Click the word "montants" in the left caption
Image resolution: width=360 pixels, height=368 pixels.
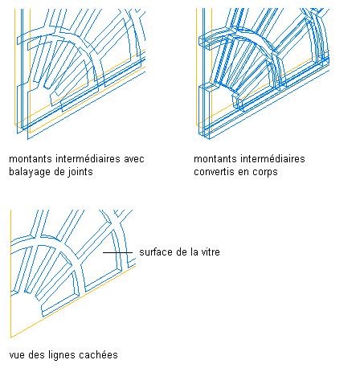[x=31, y=159]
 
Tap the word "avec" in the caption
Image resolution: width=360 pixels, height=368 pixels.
[x=134, y=159]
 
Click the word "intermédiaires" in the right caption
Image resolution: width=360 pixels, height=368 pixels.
[x=272, y=159]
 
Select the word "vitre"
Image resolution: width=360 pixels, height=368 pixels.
[x=210, y=252]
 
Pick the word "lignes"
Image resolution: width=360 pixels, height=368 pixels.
[x=63, y=356]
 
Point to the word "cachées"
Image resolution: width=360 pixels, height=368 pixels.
[x=99, y=355]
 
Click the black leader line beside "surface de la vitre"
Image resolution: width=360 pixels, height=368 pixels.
[x=118, y=252]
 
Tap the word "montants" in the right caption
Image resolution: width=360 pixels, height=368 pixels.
[x=215, y=159]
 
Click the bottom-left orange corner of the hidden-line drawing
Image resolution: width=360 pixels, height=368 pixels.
[x=10, y=337]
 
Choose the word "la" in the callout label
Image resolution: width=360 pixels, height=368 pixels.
[x=194, y=252]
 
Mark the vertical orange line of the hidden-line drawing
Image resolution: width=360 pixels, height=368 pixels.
[x=10, y=274]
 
